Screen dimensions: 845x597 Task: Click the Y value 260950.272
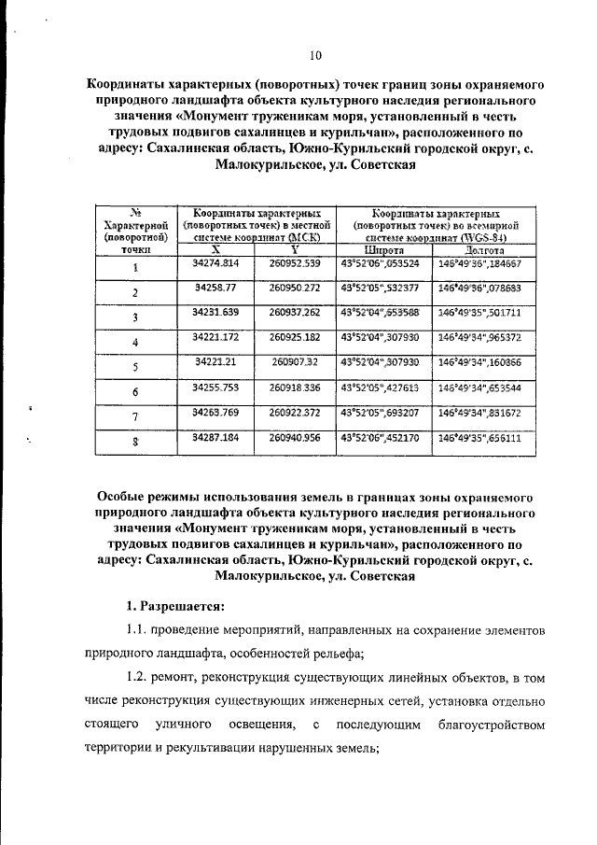[294, 288]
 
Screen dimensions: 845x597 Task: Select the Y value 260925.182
[294, 337]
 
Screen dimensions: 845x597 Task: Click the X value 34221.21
[215, 361]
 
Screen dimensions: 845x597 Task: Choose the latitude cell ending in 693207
[384, 411]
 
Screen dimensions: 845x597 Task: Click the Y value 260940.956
[294, 436]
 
